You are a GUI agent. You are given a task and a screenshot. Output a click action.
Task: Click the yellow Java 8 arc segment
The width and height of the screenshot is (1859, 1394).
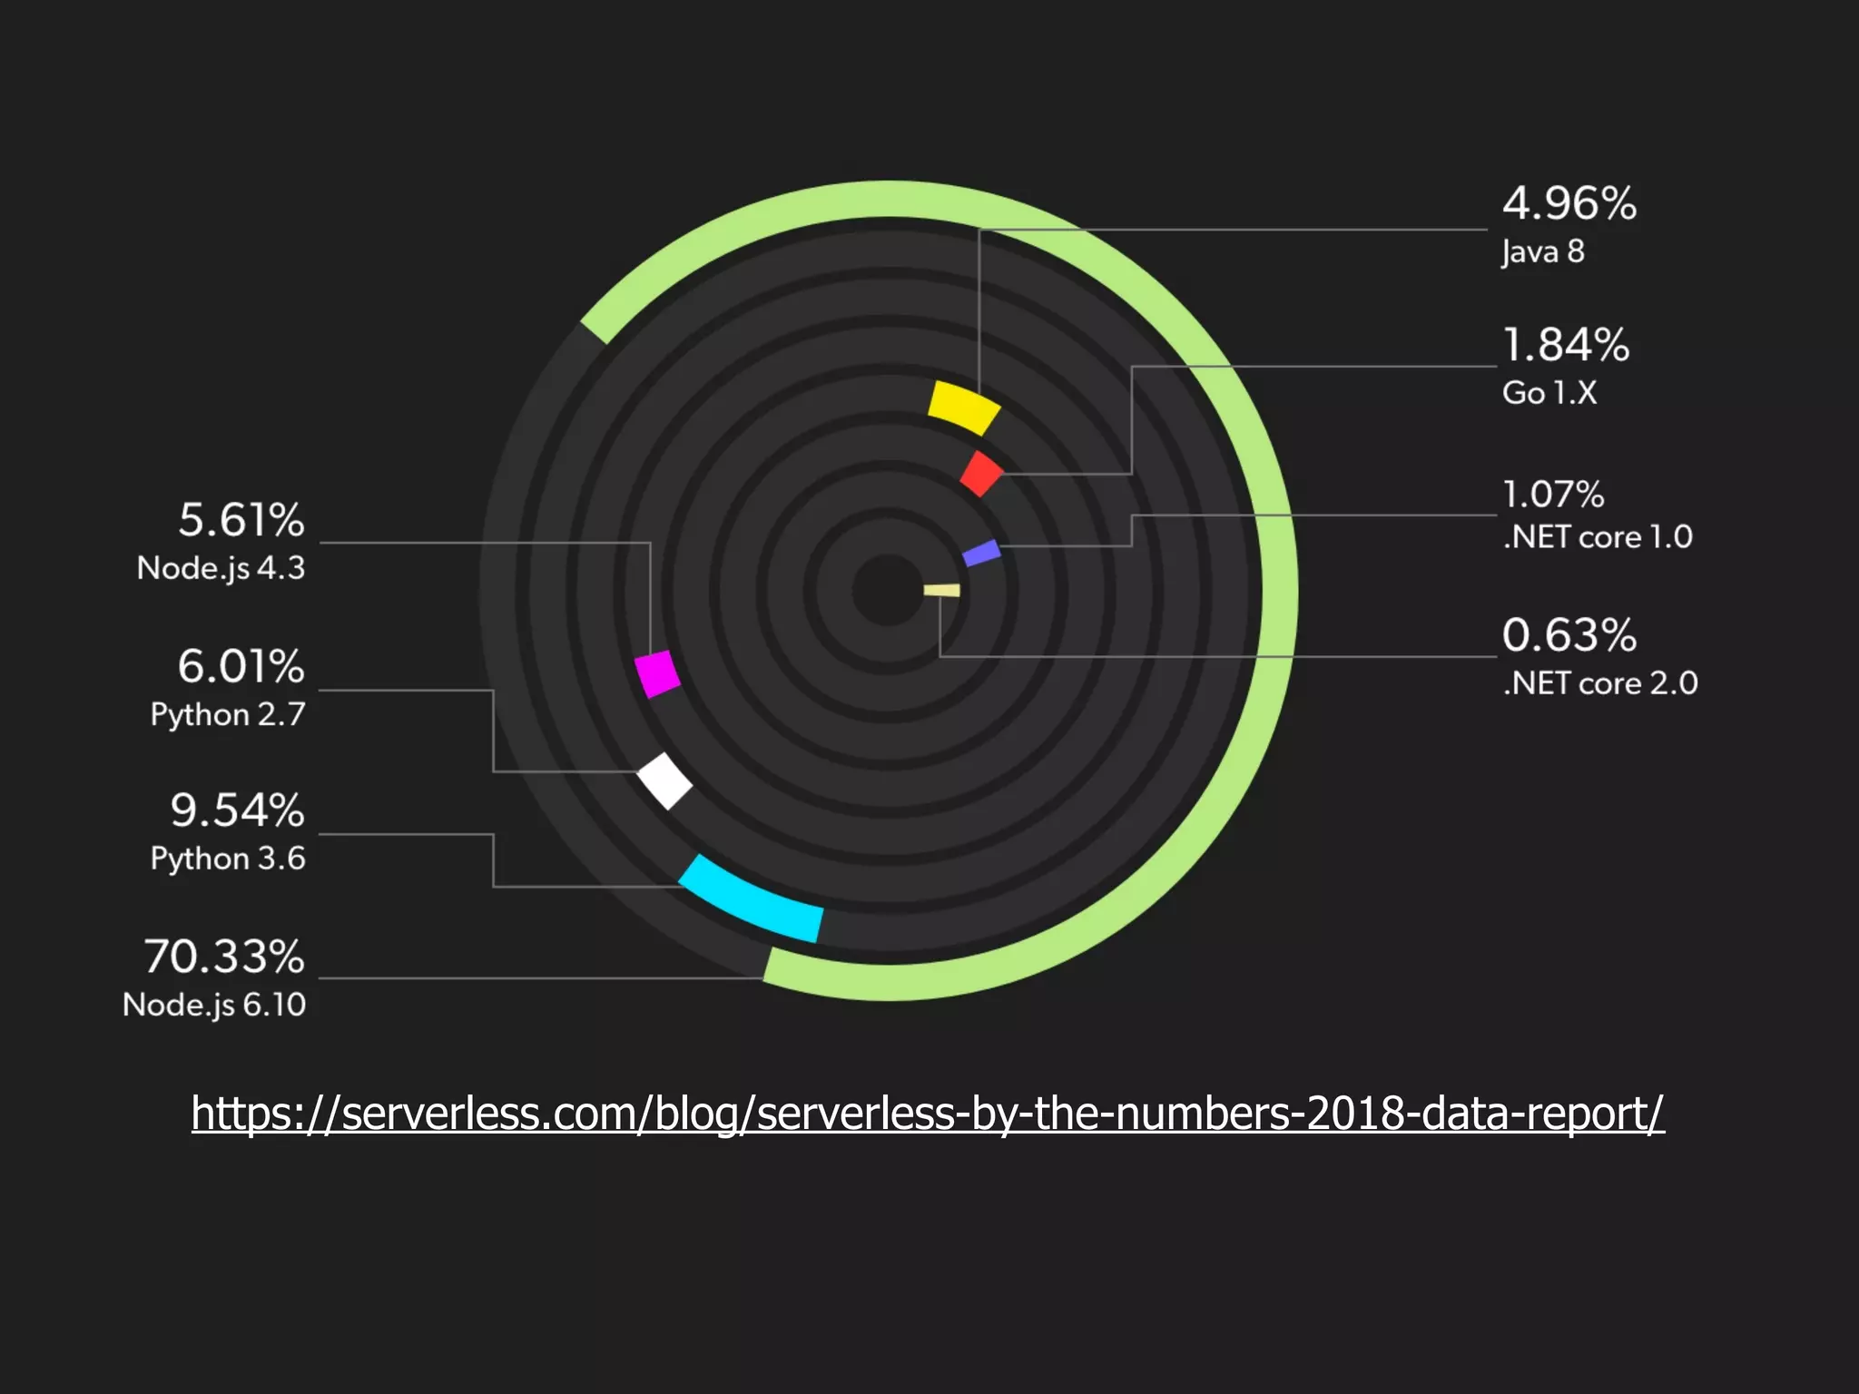pyautogui.click(x=963, y=407)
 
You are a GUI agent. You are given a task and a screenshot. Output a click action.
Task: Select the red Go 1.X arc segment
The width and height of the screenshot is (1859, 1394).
pyautogui.click(x=981, y=474)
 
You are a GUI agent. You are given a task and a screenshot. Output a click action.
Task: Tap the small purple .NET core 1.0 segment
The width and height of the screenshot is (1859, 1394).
pyautogui.click(x=981, y=553)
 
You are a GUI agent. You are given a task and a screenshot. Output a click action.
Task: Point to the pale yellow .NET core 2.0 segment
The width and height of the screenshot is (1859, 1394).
pyautogui.click(x=942, y=591)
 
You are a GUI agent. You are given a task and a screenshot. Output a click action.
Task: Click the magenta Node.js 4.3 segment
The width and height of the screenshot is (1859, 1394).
pyautogui.click(x=657, y=673)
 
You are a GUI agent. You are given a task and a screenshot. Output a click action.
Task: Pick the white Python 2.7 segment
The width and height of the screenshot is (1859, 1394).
pyautogui.click(x=664, y=780)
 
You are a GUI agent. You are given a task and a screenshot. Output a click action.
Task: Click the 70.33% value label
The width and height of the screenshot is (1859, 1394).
pyautogui.click(x=224, y=957)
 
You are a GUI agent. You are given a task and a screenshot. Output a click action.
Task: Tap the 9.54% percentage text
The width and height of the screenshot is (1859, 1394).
pyautogui.click(x=237, y=810)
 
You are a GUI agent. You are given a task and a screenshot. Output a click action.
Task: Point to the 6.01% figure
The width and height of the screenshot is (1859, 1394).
pyautogui.click(x=241, y=666)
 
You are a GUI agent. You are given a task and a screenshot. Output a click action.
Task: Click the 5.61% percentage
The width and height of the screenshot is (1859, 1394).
pyautogui.click(x=241, y=520)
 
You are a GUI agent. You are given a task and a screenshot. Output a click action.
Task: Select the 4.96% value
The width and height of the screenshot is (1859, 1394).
pyautogui.click(x=1569, y=203)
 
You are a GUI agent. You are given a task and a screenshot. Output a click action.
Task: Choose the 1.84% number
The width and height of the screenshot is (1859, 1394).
pyautogui.click(x=1566, y=346)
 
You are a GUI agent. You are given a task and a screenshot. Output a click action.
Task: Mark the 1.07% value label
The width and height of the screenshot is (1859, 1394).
pyautogui.click(x=1553, y=495)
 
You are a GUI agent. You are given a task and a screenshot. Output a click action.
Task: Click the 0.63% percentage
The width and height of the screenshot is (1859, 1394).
pyautogui.click(x=1569, y=635)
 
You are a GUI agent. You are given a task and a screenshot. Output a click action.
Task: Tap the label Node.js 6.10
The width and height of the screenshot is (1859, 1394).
pyautogui.click(x=214, y=1005)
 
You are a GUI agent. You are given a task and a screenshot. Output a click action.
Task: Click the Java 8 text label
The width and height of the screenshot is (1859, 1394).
pyautogui.click(x=1542, y=251)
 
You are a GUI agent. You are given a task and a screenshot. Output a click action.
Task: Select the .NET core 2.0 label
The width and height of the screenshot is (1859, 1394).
pyautogui.click(x=1599, y=683)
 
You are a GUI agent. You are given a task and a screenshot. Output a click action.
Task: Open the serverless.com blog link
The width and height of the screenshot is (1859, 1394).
pyautogui.click(x=928, y=1113)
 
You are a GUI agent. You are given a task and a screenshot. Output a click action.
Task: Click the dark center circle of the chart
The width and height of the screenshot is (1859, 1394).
pyautogui.click(x=888, y=591)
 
